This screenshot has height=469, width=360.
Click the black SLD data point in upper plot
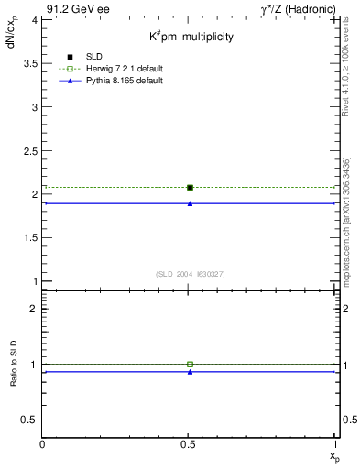pyautogui.click(x=190, y=187)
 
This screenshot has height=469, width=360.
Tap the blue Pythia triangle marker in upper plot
pyautogui.click(x=190, y=203)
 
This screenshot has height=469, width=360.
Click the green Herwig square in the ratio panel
pyautogui.click(x=190, y=364)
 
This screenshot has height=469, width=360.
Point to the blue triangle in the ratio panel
pyautogui.click(x=190, y=372)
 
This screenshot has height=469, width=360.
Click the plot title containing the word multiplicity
pyautogui.click(x=192, y=38)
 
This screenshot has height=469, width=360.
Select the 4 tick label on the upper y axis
pyautogui.click(x=34, y=19)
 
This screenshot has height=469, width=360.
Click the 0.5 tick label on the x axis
pyautogui.click(x=190, y=444)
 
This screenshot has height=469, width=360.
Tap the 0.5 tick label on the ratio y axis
pyautogui.click(x=29, y=420)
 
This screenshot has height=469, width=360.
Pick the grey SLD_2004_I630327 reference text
pyautogui.click(x=190, y=274)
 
